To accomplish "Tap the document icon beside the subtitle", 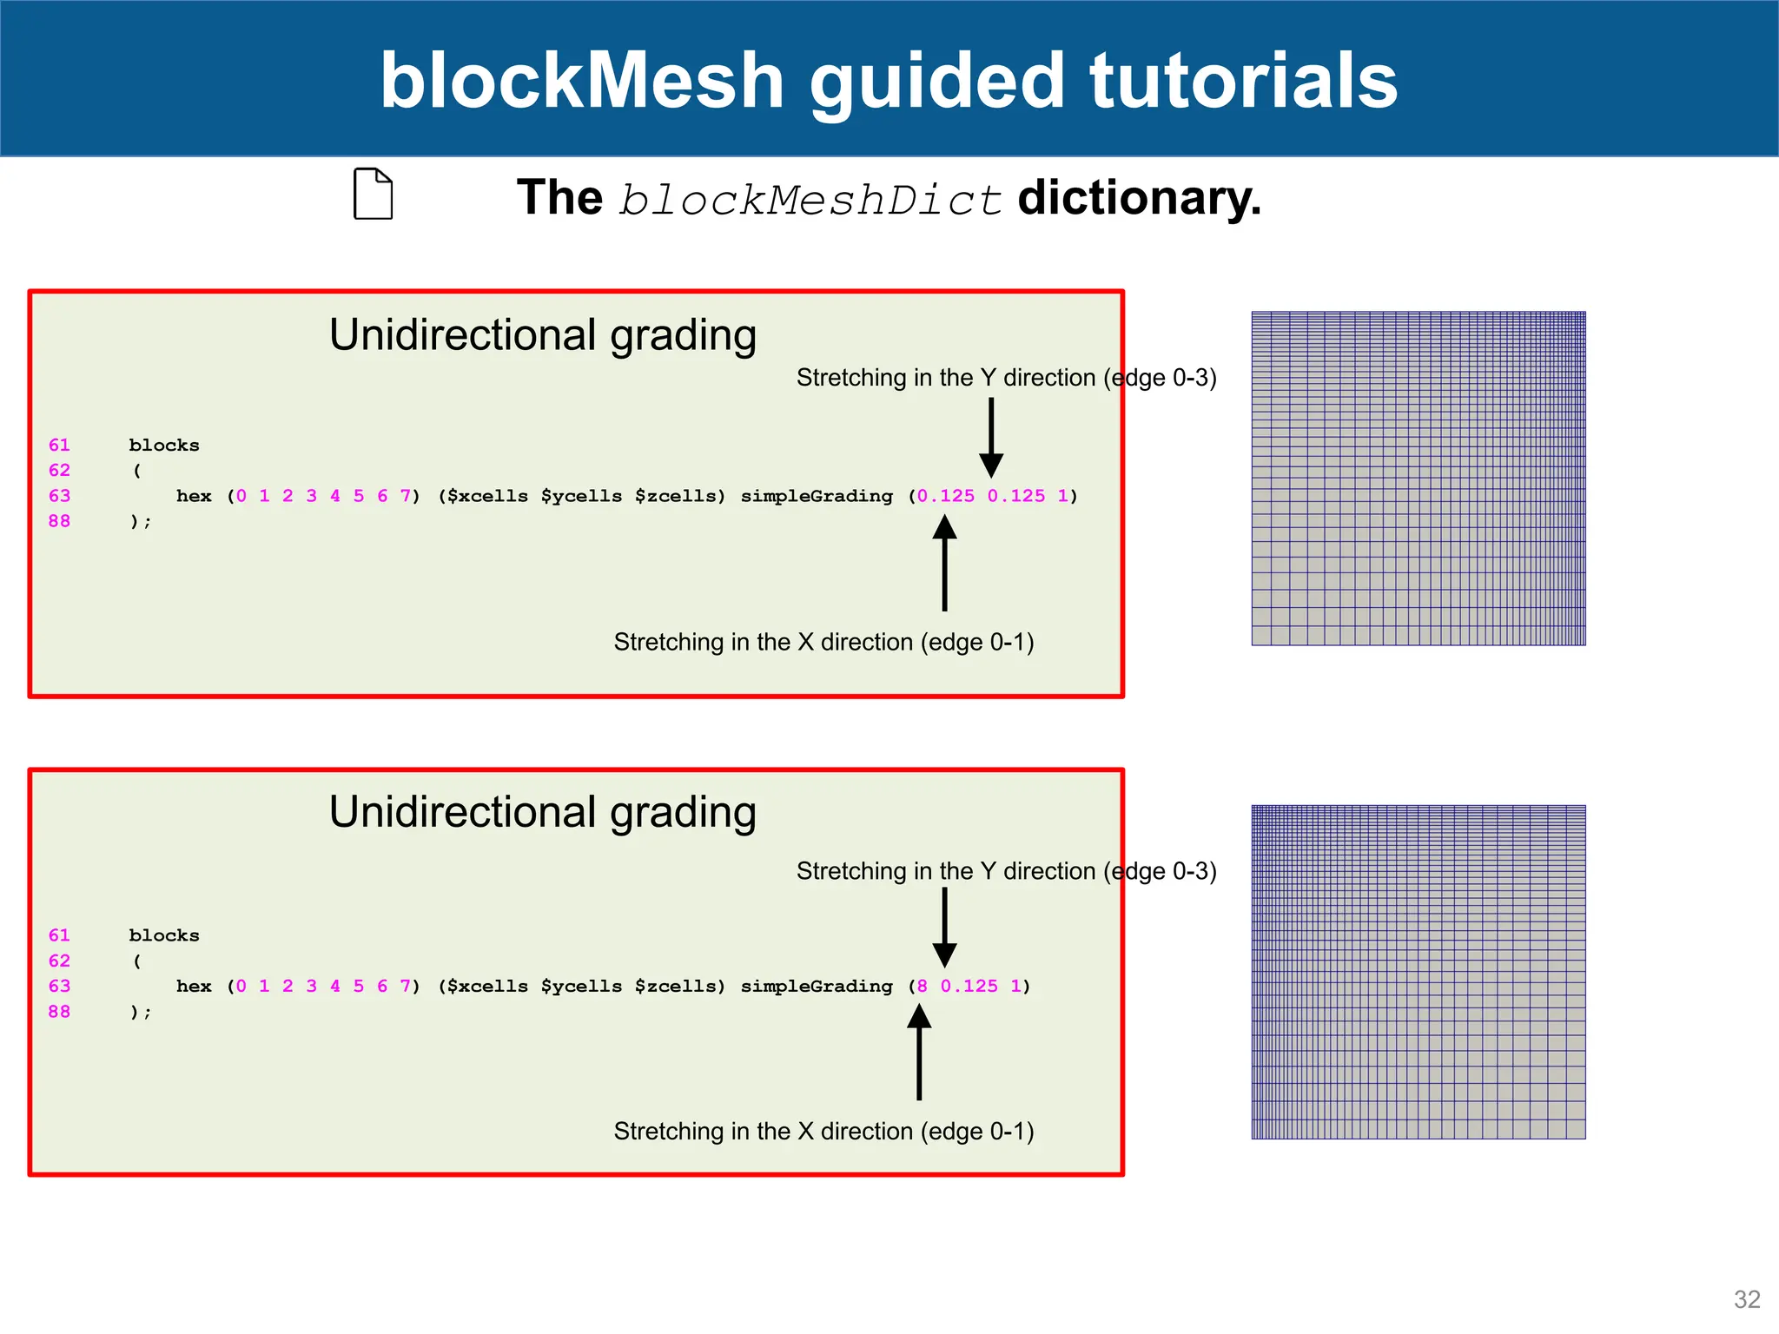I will (373, 194).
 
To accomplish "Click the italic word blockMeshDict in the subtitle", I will (810, 200).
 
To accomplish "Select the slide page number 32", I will (1746, 1298).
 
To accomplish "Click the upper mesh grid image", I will (1418, 478).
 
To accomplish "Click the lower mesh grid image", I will (1418, 971).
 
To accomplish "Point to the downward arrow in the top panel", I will (991, 439).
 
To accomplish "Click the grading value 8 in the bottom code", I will (922, 986).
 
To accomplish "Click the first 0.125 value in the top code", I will (946, 496).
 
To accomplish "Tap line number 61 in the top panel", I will (59, 445).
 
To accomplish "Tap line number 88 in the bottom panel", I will (59, 1011).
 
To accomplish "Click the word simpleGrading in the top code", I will (816, 496).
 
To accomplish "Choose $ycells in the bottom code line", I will (581, 986).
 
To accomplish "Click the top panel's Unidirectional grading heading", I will (543, 335).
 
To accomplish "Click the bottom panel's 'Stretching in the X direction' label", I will (823, 1131).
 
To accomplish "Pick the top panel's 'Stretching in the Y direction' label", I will (1006, 378).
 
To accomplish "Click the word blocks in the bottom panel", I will (164, 935).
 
